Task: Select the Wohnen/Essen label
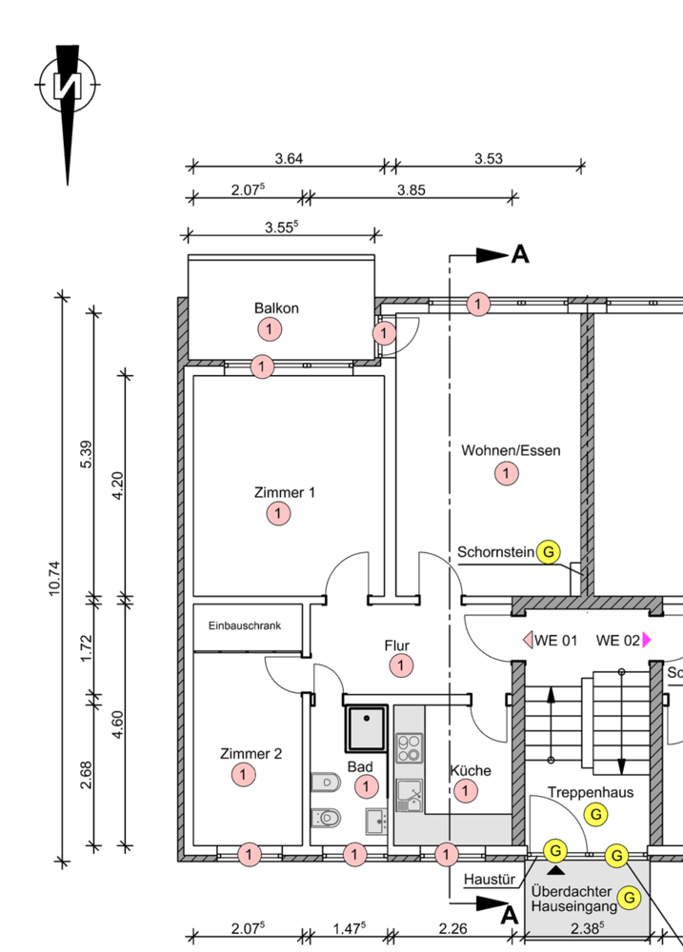coord(511,450)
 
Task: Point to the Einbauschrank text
coord(245,625)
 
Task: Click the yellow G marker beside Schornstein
coord(549,552)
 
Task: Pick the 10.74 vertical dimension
coord(54,579)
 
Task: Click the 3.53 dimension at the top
coord(489,158)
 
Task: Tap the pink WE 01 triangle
coord(528,640)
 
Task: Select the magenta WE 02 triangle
coord(647,640)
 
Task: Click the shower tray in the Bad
coord(367,729)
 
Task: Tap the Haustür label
coord(490,879)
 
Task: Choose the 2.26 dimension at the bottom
coord(453,928)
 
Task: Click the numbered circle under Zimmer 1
coord(278,514)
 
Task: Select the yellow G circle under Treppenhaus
coord(596,814)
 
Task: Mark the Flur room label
coord(397,645)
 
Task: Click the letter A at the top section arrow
coord(520,254)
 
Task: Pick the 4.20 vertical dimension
coord(118,486)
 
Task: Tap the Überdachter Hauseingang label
coord(573,900)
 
